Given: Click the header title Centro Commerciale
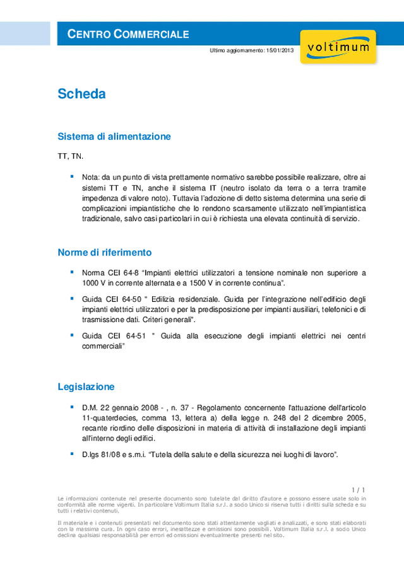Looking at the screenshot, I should (x=128, y=34).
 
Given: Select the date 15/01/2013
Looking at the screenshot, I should (x=280, y=50).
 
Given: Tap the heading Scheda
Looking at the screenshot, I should (x=81, y=95).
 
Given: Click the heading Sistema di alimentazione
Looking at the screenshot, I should (x=114, y=136).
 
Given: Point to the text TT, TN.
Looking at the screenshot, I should (x=71, y=156).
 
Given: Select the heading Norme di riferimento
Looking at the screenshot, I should (x=105, y=252).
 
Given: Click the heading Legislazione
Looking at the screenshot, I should (x=86, y=386).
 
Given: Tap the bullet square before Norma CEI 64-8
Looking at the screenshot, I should (x=72, y=272).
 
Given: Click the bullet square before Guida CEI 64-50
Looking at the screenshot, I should (x=72, y=297).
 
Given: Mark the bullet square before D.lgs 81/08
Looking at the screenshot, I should (x=72, y=453).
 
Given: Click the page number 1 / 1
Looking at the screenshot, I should (x=358, y=490).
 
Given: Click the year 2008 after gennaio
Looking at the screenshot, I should (x=143, y=407).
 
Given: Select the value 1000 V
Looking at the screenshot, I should (x=93, y=284).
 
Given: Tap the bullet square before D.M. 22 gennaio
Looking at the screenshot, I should (x=72, y=407).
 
